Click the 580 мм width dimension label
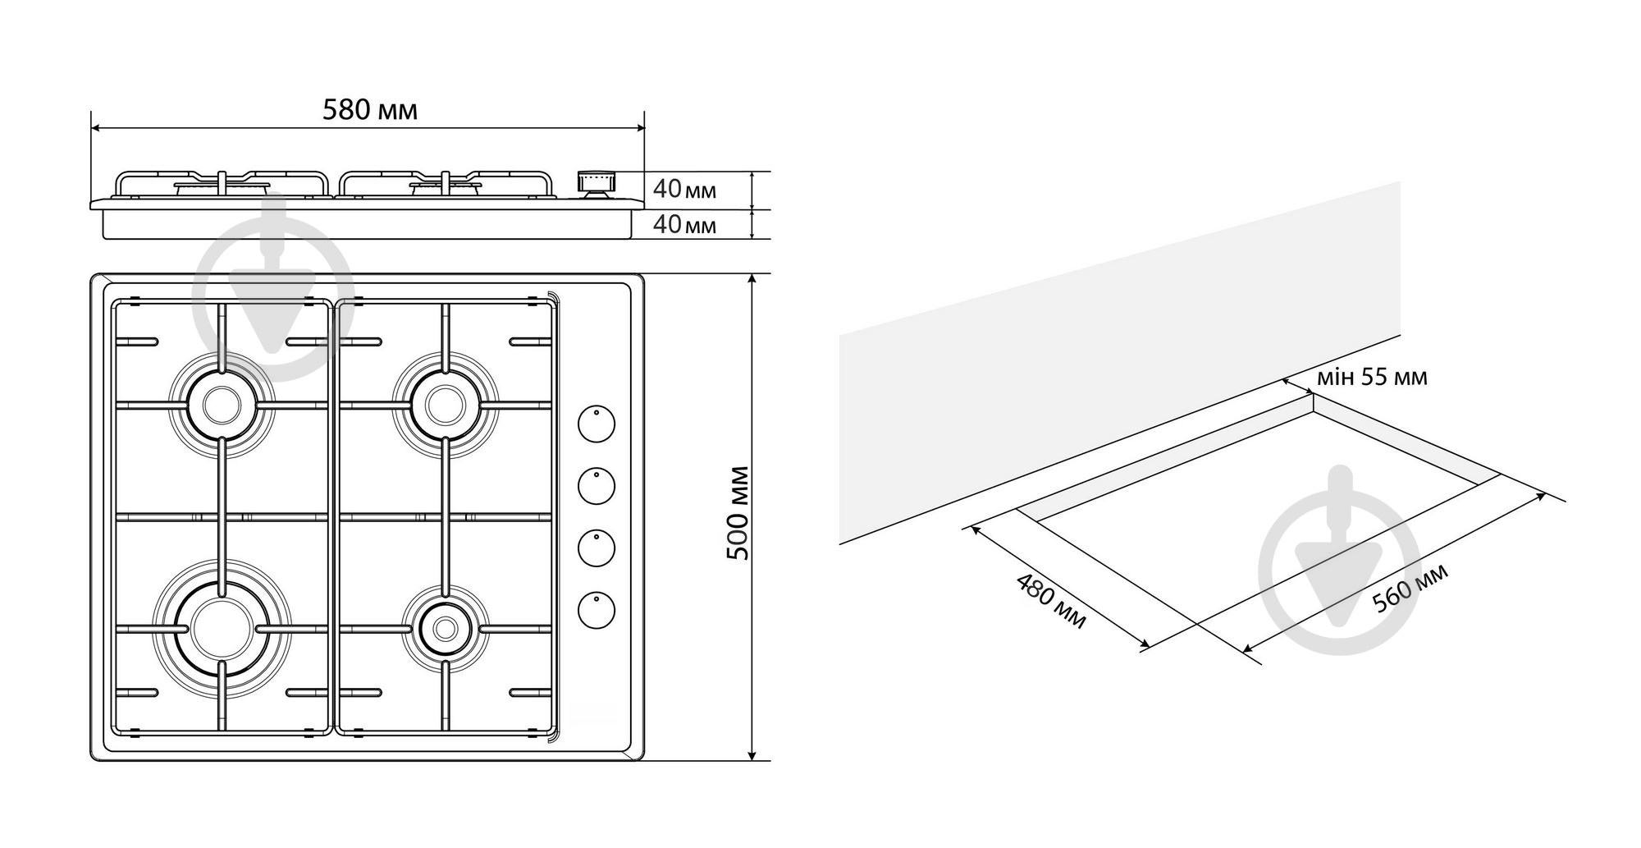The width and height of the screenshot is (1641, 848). (369, 109)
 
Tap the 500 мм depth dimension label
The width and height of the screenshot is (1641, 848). (738, 513)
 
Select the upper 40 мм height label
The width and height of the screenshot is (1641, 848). (684, 190)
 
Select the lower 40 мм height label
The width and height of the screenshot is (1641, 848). (684, 223)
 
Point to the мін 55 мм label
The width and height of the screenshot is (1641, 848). (1372, 377)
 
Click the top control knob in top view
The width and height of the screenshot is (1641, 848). (597, 424)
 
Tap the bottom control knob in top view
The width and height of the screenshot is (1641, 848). (597, 609)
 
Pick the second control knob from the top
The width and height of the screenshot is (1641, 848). (597, 485)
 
